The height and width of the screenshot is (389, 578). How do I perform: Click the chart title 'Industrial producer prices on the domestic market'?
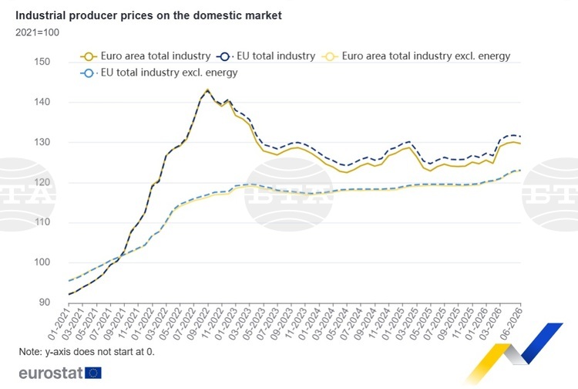[x=149, y=15]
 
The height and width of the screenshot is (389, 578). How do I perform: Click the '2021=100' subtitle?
[x=37, y=32]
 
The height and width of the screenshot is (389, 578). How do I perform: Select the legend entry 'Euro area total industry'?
[x=146, y=56]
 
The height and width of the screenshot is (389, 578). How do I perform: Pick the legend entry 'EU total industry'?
[x=266, y=56]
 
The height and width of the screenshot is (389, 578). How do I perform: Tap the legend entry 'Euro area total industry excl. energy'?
[x=416, y=56]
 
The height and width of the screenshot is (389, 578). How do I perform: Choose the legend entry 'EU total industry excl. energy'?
[x=159, y=73]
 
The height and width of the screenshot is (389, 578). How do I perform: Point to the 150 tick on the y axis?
[x=42, y=62]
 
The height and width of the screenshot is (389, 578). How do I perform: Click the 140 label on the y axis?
[x=42, y=102]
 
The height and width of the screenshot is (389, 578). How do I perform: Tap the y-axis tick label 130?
[x=42, y=142]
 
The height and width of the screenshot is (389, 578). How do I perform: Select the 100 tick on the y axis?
[x=42, y=262]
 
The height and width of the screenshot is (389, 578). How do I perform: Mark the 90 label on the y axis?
[x=44, y=303]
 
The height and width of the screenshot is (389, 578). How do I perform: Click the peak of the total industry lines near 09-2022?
[x=207, y=90]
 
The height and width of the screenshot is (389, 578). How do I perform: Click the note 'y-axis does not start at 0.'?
[x=99, y=352]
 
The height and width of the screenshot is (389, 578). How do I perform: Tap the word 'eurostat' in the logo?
[x=51, y=373]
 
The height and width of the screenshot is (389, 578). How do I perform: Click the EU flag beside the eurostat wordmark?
[x=93, y=373]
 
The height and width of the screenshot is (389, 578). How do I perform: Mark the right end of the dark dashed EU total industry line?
[x=520, y=137]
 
